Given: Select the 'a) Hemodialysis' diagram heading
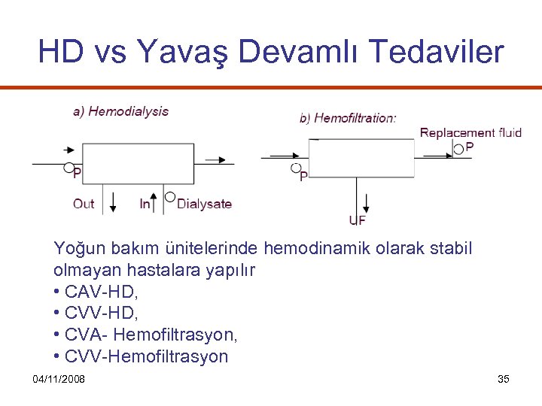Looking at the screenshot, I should pos(120,111).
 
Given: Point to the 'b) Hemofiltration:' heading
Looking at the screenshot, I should pos(348,118).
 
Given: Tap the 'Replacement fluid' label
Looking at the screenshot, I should pos(470,133).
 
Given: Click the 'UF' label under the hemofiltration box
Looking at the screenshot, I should pos(358,220).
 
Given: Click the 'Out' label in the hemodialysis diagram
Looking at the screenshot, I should pos(84,204).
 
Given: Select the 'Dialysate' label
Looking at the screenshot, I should pos(204,204).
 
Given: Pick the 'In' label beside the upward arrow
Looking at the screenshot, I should pos(145,204).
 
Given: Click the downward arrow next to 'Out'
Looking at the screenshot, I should pos(114,202).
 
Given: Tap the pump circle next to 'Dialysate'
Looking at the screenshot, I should pos(170,197).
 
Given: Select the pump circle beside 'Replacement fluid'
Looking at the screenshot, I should pos(458,150).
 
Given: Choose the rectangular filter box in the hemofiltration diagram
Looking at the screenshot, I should pos(362,157).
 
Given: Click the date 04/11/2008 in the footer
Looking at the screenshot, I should pos(59,379).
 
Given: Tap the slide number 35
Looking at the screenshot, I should pos(504,379).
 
